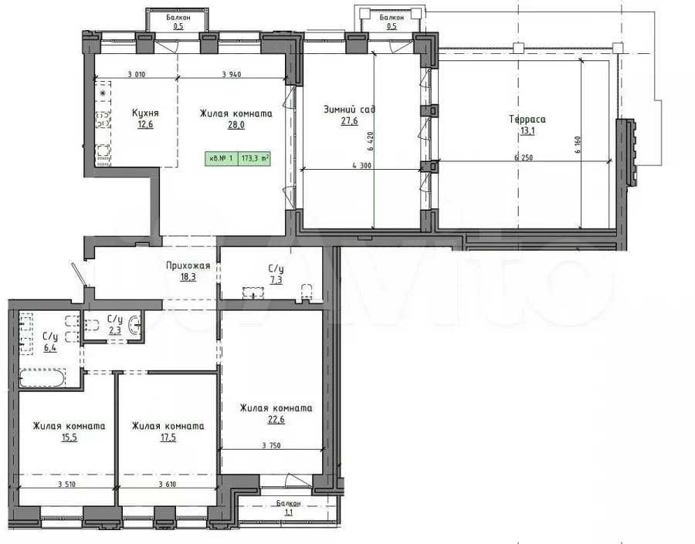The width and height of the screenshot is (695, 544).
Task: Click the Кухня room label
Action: tap(145, 113)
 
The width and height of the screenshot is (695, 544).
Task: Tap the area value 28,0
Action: tap(236, 125)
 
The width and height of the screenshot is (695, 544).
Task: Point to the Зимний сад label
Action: tap(349, 109)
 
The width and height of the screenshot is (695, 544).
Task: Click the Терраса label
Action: tap(527, 119)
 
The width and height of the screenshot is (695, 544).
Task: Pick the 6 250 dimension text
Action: tap(524, 157)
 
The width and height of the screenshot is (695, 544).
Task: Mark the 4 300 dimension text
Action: tap(361, 166)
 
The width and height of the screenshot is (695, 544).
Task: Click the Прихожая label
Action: tap(188, 265)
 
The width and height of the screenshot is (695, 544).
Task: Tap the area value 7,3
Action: tap(276, 280)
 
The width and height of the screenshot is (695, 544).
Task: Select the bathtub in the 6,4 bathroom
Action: tap(42, 378)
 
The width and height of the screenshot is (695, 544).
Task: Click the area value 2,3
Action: tap(114, 330)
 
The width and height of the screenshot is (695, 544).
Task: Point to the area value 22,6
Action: tap(276, 420)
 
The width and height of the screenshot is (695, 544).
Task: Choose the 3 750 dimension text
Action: tap(271, 446)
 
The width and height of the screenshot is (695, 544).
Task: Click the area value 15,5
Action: tap(69, 438)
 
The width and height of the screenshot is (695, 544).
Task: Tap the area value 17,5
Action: tap(168, 438)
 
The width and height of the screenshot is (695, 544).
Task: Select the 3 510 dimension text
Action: tap(66, 484)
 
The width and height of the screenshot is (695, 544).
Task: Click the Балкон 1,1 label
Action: tap(289, 508)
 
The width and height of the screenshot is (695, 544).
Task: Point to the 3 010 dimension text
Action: tap(137, 74)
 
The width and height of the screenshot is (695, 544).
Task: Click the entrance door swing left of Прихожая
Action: tap(80, 275)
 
